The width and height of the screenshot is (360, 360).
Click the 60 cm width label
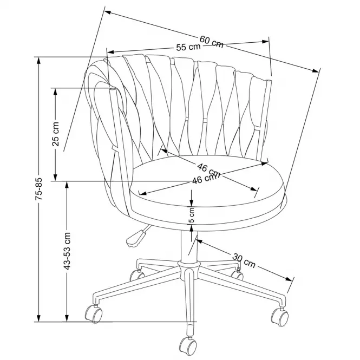tap(211, 42)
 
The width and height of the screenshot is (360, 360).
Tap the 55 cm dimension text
tap(188, 47)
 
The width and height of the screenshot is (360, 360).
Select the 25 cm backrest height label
tap(56, 134)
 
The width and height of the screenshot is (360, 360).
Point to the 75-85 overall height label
tap(40, 188)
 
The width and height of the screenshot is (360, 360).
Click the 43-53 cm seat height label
tap(67, 251)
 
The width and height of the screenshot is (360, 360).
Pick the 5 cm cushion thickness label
tap(192, 215)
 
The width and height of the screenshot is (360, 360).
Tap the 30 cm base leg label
tap(244, 260)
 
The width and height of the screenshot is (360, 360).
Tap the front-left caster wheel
tap(94, 313)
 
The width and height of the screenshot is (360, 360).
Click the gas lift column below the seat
tap(189, 245)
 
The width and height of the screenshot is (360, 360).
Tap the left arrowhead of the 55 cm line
tap(111, 52)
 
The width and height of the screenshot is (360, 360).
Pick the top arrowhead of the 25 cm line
tap(55, 92)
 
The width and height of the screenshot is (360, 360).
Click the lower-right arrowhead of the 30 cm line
tap(289, 279)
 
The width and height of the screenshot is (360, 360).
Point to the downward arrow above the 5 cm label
tap(192, 198)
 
